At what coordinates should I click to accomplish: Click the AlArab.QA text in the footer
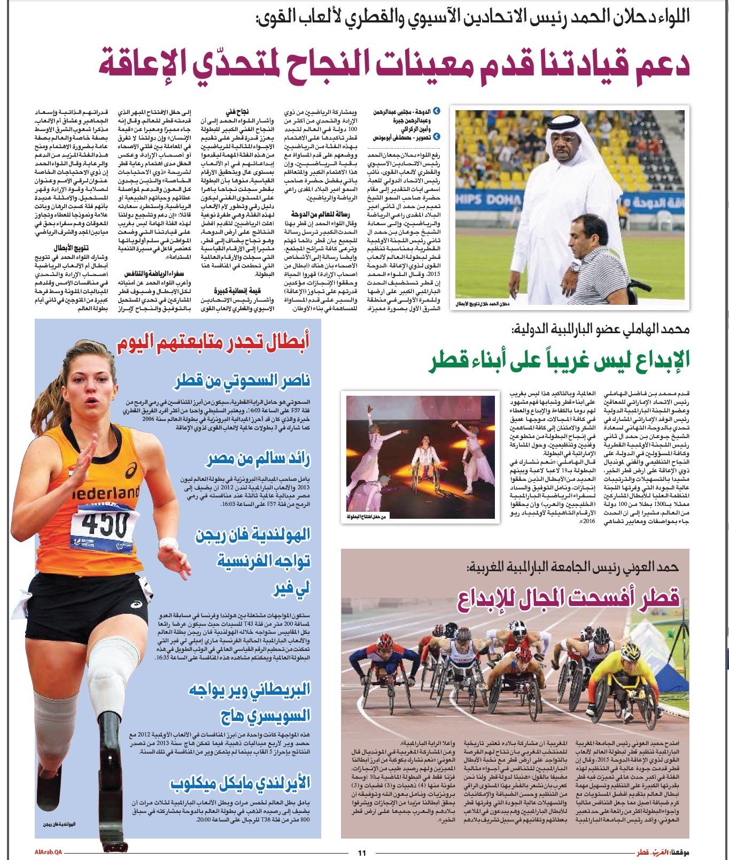click(x=47, y=853)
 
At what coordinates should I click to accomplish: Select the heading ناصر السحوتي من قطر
click(x=242, y=381)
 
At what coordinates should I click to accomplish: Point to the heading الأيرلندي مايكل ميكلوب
click(x=241, y=784)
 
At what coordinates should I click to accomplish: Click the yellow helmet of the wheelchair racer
click(x=630, y=651)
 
